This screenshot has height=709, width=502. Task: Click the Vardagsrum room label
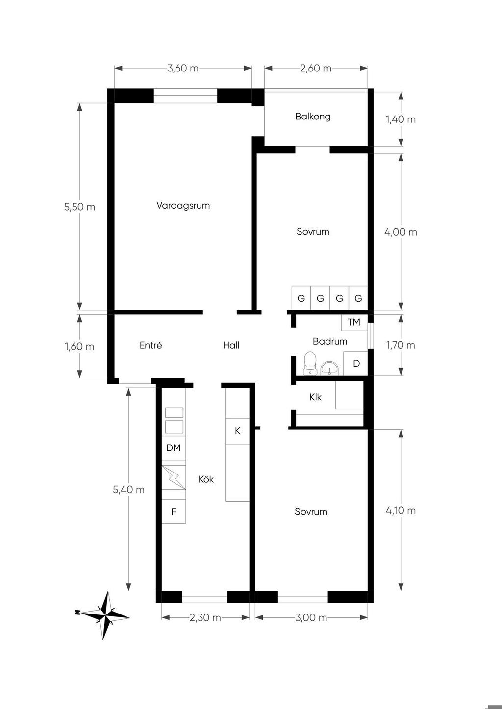point(183,206)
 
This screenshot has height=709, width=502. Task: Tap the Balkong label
point(313,117)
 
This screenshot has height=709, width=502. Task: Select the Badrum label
point(330,341)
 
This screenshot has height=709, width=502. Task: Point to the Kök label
point(206,479)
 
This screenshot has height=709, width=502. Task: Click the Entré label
point(151,345)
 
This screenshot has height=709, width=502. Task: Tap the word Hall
point(231,345)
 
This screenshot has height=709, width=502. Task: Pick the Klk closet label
point(315,397)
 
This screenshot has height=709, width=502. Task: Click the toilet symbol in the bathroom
point(310,363)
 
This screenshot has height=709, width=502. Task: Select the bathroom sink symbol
point(329,368)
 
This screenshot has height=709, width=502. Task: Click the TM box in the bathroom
point(354,323)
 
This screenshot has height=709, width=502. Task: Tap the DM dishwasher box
point(174,448)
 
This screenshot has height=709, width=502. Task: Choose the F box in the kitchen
point(174,512)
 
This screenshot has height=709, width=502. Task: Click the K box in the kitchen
point(237,431)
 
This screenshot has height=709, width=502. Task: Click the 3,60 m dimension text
point(183,68)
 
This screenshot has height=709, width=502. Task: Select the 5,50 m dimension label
point(79,207)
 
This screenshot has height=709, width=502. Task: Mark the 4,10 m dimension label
point(401,511)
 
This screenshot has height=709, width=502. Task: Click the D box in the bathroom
point(356,363)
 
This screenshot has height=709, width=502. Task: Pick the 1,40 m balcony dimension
point(401,119)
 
